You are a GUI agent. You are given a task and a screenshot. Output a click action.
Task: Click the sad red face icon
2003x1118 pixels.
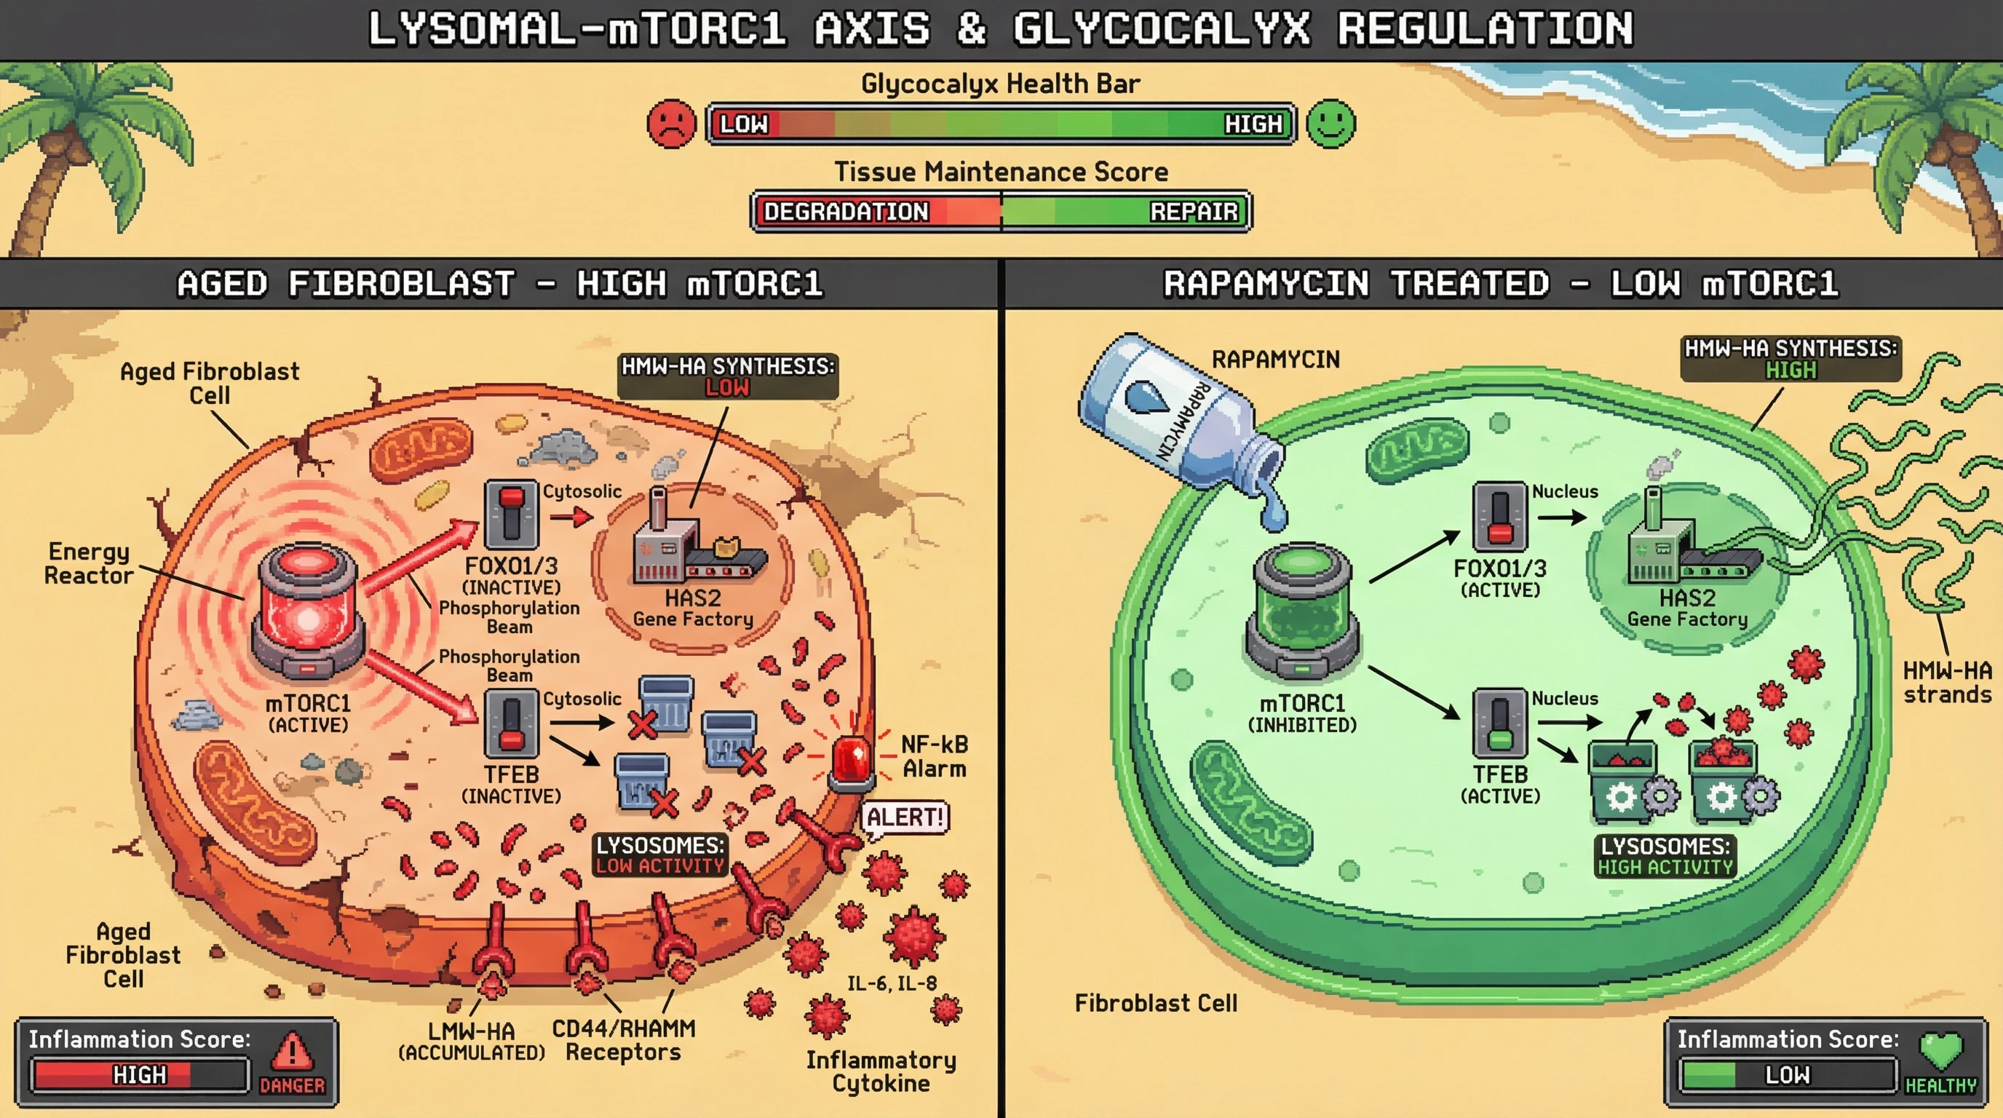point(671,124)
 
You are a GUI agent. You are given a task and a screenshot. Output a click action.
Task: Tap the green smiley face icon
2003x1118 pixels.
point(1330,124)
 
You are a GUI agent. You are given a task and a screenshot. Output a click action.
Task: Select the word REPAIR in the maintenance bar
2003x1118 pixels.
point(1194,212)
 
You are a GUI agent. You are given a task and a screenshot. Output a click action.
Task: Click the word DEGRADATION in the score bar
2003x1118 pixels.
point(846,212)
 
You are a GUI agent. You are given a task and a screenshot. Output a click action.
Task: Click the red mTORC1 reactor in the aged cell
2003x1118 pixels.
point(309,610)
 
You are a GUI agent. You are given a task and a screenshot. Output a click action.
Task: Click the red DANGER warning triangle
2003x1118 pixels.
point(293,1052)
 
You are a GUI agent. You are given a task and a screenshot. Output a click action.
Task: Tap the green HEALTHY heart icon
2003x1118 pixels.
point(1941,1050)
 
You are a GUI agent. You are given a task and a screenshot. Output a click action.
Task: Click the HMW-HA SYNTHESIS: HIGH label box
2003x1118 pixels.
point(1790,359)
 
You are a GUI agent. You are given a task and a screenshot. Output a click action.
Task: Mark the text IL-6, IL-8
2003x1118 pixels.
point(892,983)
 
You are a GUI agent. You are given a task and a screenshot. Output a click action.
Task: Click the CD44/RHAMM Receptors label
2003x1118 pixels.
point(623,1040)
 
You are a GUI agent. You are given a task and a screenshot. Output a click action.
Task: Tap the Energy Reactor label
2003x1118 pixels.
point(88,563)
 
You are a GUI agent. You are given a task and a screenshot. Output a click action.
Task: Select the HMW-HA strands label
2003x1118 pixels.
point(1947,682)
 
